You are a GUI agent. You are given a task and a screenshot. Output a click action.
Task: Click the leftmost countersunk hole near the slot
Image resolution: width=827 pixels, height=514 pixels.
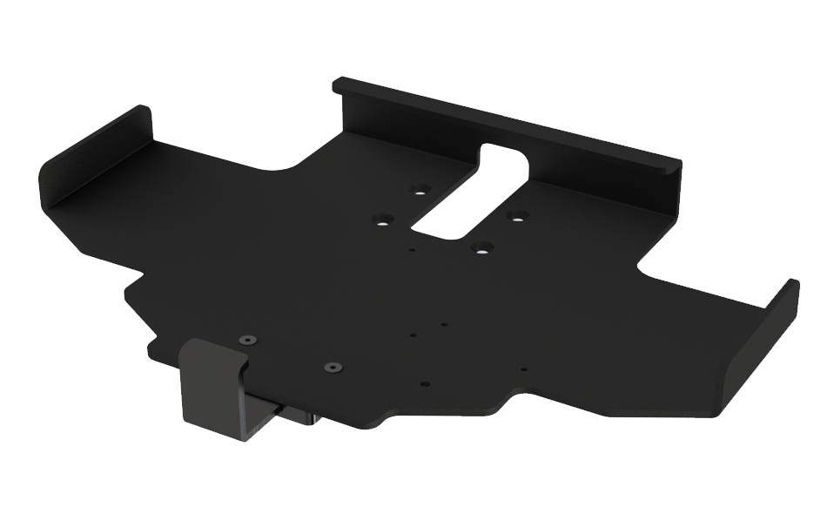tap(382, 220)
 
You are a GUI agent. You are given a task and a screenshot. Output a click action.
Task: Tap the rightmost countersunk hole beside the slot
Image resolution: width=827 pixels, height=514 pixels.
tap(517, 215)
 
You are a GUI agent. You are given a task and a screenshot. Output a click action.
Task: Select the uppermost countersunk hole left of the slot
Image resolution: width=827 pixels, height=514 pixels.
tap(420, 189)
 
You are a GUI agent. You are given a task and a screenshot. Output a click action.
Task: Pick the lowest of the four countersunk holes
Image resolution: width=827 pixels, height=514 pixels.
tap(479, 247)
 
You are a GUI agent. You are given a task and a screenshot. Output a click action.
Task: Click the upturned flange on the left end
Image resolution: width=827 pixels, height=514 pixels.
tap(91, 161)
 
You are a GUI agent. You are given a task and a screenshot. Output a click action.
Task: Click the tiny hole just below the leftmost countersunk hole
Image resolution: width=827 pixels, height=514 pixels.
tap(412, 250)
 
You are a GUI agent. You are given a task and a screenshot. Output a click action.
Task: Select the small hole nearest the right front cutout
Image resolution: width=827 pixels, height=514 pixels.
tap(523, 369)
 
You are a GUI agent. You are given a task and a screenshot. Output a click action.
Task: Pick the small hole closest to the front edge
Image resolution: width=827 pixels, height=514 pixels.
tap(424, 383)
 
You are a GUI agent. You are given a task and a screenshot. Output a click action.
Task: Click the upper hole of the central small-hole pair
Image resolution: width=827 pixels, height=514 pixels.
tap(443, 324)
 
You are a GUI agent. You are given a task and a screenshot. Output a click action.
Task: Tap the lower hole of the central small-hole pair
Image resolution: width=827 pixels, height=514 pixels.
tap(413, 334)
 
